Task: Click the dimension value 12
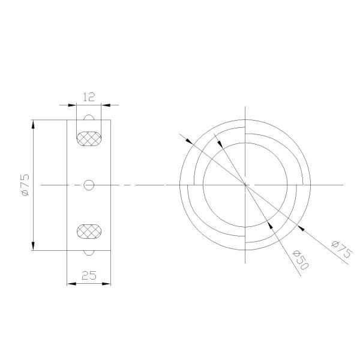[x=89, y=96]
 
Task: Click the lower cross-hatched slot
[x=89, y=231]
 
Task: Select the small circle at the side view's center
[x=89, y=185]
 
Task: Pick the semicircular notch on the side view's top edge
[x=89, y=118]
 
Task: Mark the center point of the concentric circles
[x=245, y=184]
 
